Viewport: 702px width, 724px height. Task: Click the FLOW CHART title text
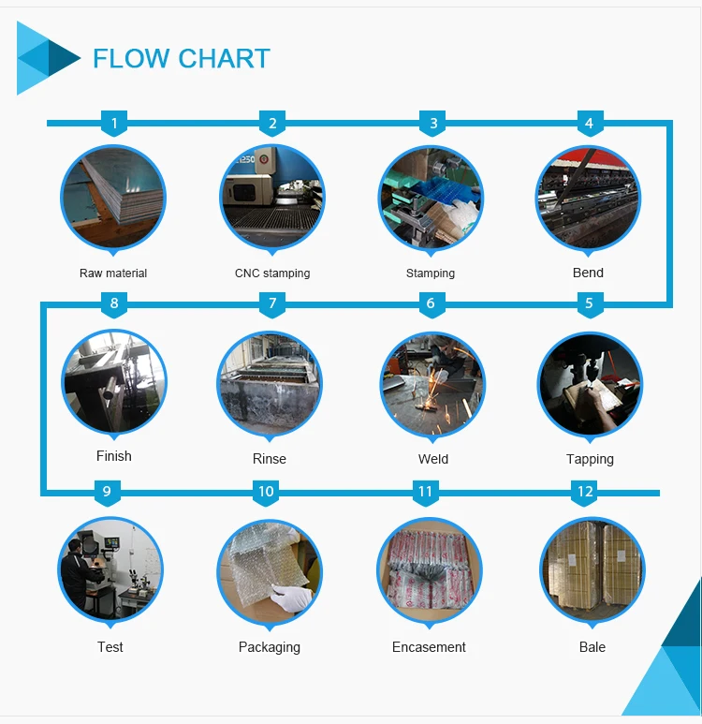point(181,59)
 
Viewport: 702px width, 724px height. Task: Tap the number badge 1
point(114,124)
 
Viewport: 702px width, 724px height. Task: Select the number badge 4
point(589,124)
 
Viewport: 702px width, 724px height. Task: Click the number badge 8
point(114,303)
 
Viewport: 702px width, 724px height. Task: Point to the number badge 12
point(585,492)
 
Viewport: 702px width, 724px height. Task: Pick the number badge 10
point(266,492)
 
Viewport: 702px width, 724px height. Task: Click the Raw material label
point(113,273)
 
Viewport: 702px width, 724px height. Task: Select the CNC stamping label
point(272,273)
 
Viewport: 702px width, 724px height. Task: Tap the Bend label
point(588,273)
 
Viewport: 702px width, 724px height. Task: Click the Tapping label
point(590,459)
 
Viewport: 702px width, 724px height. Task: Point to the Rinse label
point(270,459)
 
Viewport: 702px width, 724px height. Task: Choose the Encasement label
point(429,647)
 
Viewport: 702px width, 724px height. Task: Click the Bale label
point(592,647)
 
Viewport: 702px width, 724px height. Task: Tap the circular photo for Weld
point(432,383)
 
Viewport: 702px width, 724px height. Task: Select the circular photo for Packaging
point(270,570)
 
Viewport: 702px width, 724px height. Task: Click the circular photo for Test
point(110,569)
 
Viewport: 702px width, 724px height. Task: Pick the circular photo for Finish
point(114,381)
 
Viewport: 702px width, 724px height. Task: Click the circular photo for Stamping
point(431,198)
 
